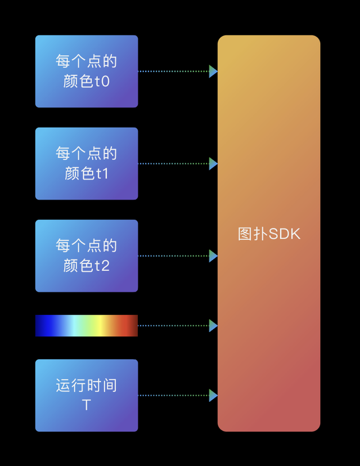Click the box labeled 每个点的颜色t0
87,71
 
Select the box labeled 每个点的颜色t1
87,163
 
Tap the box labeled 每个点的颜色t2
87,256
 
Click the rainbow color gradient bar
87,326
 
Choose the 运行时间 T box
87,395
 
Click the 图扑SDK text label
269,234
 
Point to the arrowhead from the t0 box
213,71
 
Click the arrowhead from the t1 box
213,164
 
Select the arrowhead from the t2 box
213,256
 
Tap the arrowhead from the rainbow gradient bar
213,326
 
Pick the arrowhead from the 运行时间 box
213,395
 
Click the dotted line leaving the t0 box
174,71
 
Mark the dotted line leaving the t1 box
174,164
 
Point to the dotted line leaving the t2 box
174,256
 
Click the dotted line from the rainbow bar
174,326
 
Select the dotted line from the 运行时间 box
174,395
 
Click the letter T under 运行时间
87,405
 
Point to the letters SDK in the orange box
285,234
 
